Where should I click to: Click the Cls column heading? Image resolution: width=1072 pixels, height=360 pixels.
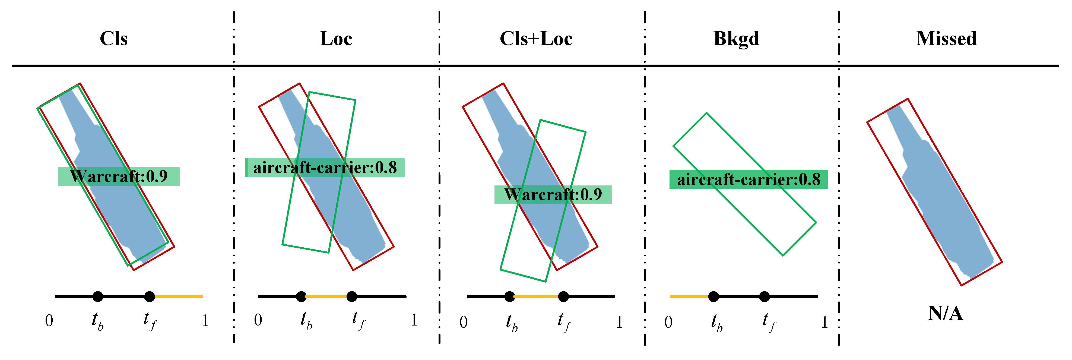point(114,39)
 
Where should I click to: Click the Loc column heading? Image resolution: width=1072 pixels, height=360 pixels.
point(336,39)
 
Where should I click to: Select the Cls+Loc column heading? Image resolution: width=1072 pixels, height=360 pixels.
point(536,39)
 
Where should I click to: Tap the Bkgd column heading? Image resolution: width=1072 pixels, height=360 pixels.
point(736,39)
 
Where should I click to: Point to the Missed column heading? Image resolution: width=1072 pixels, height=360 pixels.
point(946,39)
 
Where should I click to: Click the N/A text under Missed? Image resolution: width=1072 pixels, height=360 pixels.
point(946,313)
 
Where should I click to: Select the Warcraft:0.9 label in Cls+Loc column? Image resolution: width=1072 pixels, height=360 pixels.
point(553,194)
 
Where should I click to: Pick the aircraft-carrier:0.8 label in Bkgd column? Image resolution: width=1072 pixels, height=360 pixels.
point(748,179)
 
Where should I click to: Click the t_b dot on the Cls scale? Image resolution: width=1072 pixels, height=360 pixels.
point(98,296)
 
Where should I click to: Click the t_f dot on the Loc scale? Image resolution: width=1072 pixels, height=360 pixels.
point(352,296)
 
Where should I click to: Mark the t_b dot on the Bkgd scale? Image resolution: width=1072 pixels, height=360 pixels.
point(713,296)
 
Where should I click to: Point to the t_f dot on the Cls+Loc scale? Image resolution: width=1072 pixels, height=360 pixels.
point(563,296)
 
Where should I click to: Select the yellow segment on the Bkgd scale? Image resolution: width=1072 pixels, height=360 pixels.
point(690,296)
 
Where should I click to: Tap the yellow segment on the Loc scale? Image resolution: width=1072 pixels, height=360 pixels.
point(327,296)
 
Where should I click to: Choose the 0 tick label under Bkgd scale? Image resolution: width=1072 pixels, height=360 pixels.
point(668,322)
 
